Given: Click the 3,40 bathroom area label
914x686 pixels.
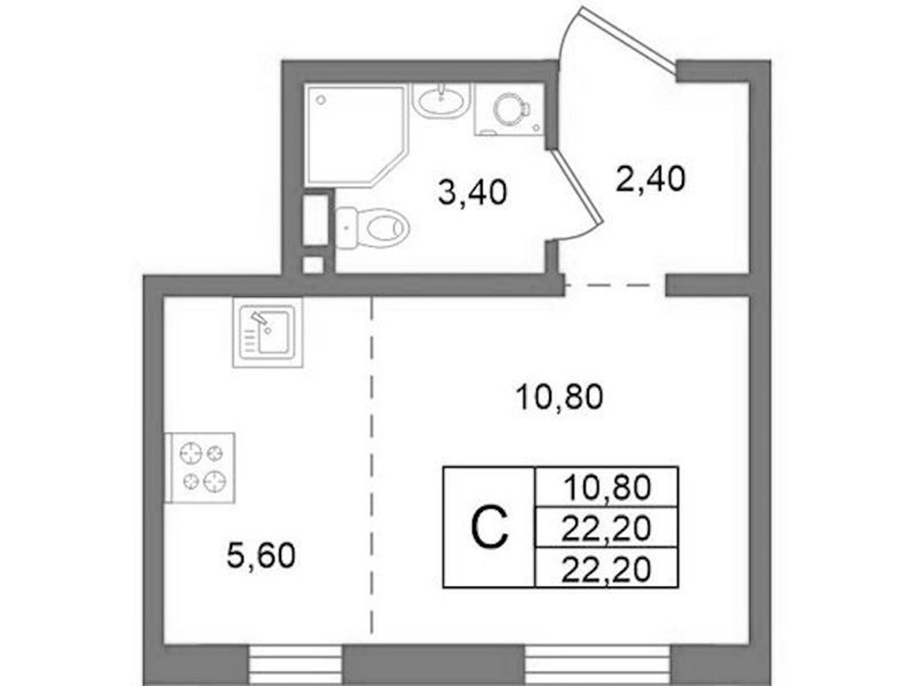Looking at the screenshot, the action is [472, 193].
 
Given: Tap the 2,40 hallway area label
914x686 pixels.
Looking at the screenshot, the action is [650, 179].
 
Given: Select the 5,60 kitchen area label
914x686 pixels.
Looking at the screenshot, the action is [261, 555].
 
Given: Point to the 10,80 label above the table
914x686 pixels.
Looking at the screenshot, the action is [559, 398].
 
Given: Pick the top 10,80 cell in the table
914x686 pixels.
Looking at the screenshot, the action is [606, 487].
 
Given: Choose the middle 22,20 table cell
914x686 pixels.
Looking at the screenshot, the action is [606, 528].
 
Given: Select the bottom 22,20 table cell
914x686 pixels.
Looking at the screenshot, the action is [606, 567].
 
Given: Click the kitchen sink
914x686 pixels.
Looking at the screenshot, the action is [267, 332].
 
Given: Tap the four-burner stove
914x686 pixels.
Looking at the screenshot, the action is [200, 468].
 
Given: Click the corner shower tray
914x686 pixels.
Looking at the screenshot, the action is [355, 136].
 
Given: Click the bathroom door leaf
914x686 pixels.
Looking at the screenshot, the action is [577, 185].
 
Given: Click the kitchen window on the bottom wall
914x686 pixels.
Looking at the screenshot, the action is [295, 665].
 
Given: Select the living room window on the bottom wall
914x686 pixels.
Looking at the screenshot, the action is [597, 665].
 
